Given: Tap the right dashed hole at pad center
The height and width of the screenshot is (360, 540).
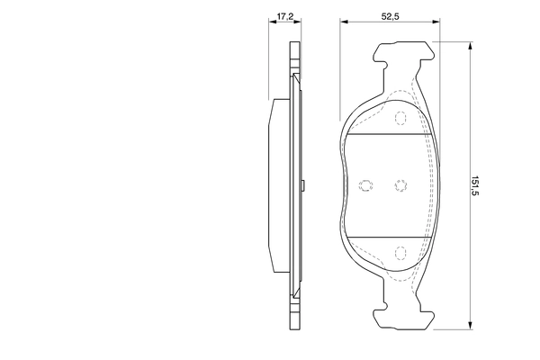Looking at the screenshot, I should pyautogui.click(x=400, y=185).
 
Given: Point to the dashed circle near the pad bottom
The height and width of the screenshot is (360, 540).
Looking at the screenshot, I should pyautogui.click(x=400, y=254).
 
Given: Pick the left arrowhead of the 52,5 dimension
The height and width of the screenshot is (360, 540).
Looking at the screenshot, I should pyautogui.click(x=342, y=25).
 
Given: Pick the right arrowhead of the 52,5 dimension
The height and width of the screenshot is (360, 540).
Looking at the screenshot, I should pyautogui.click(x=437, y=25).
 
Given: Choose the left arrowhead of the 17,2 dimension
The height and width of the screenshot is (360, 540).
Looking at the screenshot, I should pyautogui.click(x=271, y=25).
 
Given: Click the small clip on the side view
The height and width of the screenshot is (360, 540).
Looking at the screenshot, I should pyautogui.click(x=306, y=186).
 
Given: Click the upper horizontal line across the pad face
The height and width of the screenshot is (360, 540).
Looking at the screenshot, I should pyautogui.click(x=390, y=134).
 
